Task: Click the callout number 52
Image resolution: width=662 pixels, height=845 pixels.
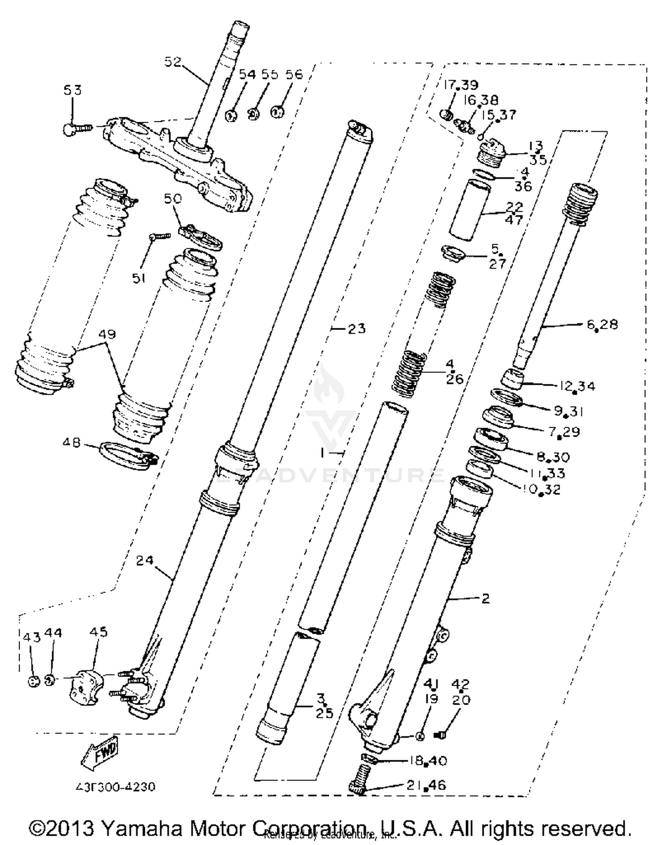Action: pyautogui.click(x=173, y=61)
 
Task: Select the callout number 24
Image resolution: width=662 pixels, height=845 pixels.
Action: pyautogui.click(x=145, y=560)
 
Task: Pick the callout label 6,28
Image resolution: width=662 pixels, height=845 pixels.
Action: pyautogui.click(x=602, y=325)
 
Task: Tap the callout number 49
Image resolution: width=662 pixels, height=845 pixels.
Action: pyautogui.click(x=107, y=334)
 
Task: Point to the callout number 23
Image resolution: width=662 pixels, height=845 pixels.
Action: pyautogui.click(x=357, y=328)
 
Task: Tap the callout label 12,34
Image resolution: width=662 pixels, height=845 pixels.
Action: pyautogui.click(x=577, y=386)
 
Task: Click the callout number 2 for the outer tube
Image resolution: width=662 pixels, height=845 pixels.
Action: pyautogui.click(x=485, y=598)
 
